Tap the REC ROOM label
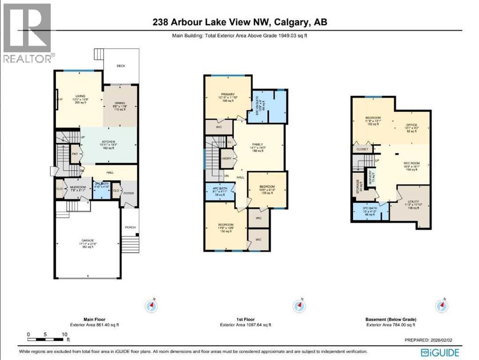point(412,164)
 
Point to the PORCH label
point(130,228)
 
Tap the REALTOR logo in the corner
point(27,33)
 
